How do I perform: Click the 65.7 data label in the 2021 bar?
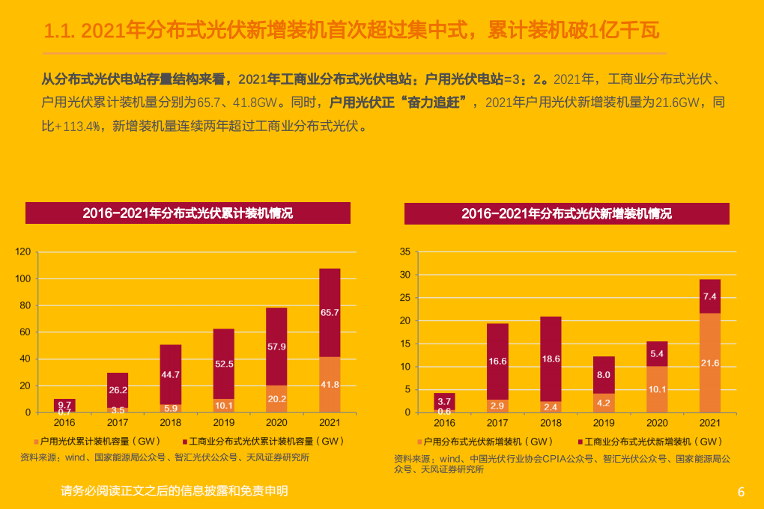[x=330, y=312]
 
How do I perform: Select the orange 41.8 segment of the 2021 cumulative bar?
[x=330, y=384]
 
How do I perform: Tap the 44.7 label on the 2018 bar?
[x=171, y=374]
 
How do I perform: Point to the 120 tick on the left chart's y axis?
[x=23, y=252]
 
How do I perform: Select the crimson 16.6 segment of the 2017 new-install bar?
[x=497, y=362]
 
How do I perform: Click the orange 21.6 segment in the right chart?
[x=710, y=363]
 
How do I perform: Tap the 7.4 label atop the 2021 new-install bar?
[x=710, y=296]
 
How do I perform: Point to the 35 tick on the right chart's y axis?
[x=404, y=252]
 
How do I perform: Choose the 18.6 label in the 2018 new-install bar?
[x=551, y=359]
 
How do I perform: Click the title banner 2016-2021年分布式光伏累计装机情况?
[x=188, y=213]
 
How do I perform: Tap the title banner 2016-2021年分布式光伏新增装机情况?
[x=566, y=213]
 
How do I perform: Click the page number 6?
[x=741, y=492]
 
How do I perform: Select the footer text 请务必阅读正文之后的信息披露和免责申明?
[x=174, y=491]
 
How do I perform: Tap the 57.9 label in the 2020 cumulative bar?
[x=276, y=347]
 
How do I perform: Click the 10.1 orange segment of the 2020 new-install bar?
[x=657, y=389]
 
